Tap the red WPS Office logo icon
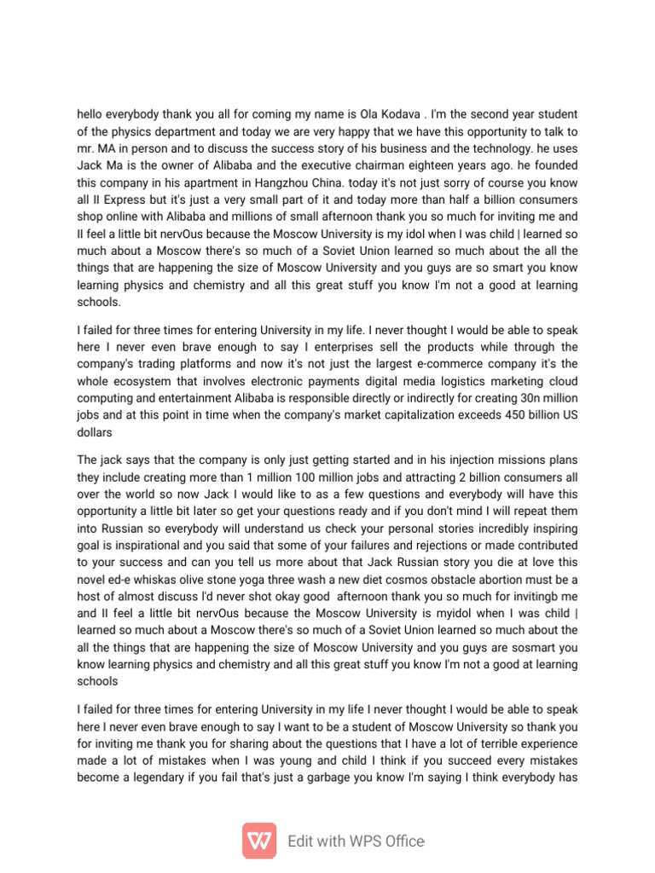(x=259, y=841)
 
